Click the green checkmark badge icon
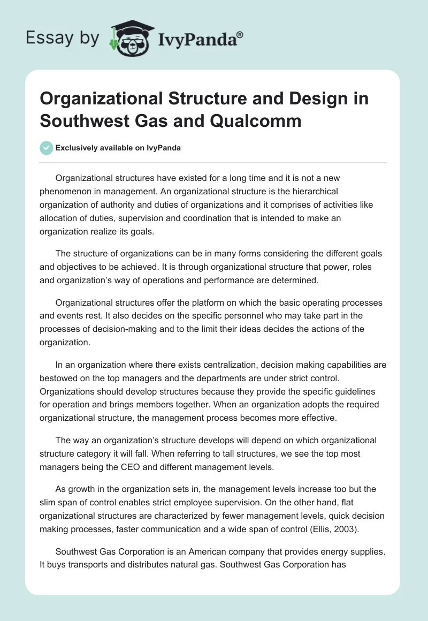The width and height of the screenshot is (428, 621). coord(47,148)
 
